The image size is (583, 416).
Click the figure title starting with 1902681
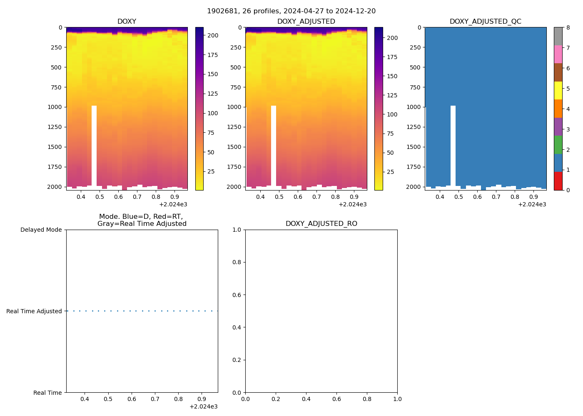coord(291,11)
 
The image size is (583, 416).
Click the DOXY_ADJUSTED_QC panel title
coord(485,22)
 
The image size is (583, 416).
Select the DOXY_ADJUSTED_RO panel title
coord(321,224)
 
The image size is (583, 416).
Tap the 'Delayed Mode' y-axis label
coord(41,230)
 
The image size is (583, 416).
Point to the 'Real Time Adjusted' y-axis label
coord(34,311)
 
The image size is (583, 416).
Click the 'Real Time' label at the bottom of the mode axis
coord(47,393)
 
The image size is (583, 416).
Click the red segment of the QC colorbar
coord(558,181)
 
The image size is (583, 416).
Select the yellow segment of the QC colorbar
coord(558,91)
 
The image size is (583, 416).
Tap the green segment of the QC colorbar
coord(558,145)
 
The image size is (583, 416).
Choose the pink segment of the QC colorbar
coord(558,54)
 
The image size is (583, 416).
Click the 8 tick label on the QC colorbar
coord(568,28)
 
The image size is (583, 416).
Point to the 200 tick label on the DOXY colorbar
coord(213,35)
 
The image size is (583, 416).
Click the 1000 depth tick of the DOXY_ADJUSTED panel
coord(234,107)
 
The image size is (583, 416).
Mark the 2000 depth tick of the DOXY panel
coord(55,187)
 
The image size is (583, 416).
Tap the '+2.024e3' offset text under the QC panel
coord(532,204)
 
